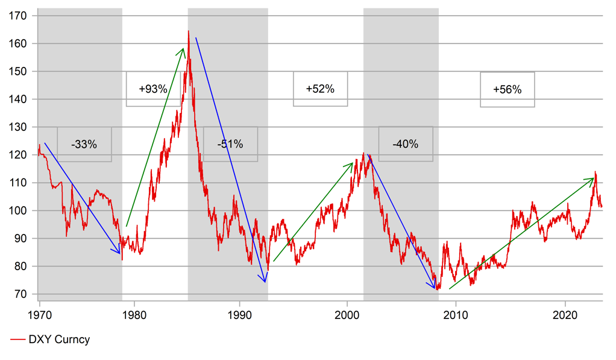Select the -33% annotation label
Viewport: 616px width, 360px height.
(x=84, y=144)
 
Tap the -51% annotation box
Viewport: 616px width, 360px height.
(x=230, y=144)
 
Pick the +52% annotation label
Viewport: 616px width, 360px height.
(x=320, y=89)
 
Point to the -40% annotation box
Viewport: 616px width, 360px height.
(x=405, y=144)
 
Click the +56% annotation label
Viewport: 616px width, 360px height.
(x=507, y=89)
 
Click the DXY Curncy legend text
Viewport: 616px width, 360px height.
(x=59, y=339)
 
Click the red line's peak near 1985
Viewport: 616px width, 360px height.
(x=188, y=31)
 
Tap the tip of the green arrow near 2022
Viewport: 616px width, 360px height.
(x=594, y=178)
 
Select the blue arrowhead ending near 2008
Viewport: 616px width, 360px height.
(x=435, y=288)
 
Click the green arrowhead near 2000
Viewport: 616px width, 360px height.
(x=351, y=163)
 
